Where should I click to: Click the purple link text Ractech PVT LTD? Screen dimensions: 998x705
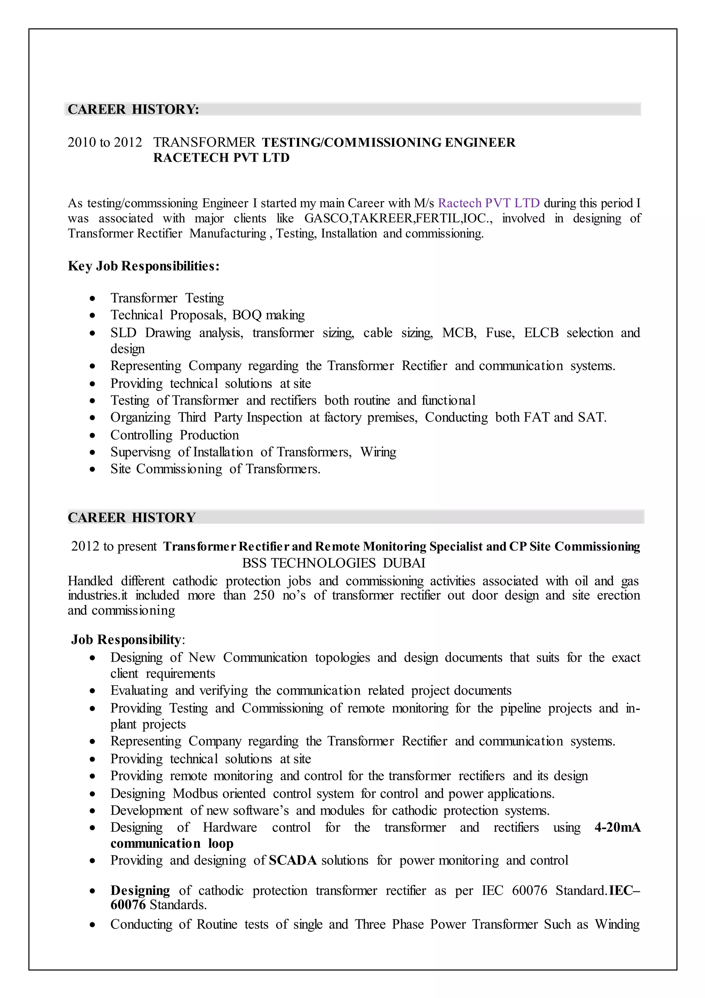click(x=488, y=203)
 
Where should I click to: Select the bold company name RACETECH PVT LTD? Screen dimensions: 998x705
click(x=221, y=157)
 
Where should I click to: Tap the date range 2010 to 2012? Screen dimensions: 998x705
click(x=105, y=142)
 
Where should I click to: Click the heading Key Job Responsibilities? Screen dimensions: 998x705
click(x=144, y=266)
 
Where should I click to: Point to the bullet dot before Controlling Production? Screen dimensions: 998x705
click(x=92, y=435)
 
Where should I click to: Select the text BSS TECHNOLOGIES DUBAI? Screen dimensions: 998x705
click(x=334, y=563)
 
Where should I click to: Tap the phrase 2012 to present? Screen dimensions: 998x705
click(x=114, y=546)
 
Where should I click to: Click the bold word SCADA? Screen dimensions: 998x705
click(x=293, y=860)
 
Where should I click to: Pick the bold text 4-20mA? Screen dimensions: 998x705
click(x=617, y=827)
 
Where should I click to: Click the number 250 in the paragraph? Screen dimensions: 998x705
click(x=264, y=595)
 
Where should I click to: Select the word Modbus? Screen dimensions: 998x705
click(x=195, y=793)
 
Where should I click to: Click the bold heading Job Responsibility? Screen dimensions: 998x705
click(x=126, y=639)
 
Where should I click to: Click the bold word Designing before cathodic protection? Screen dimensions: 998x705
click(x=140, y=890)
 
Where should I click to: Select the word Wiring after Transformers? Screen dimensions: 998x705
click(x=378, y=452)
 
